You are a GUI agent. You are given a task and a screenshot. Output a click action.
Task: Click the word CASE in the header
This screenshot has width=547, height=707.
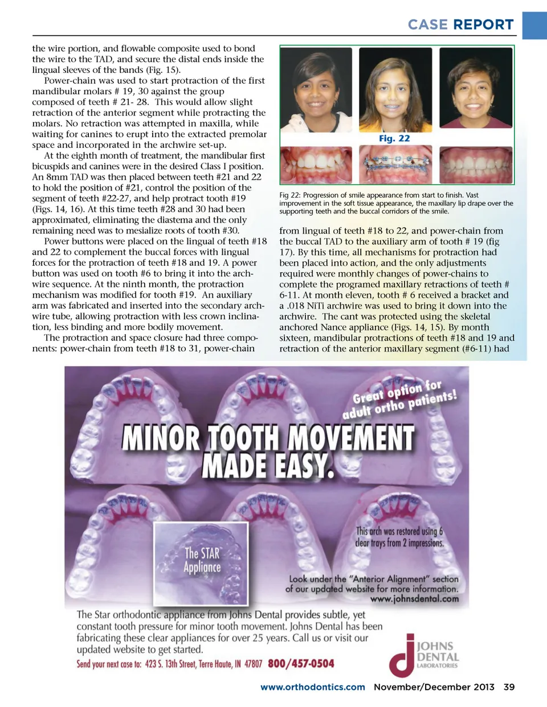[x=427, y=24]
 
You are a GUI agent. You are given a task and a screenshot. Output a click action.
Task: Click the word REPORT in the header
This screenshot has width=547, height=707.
[x=484, y=24]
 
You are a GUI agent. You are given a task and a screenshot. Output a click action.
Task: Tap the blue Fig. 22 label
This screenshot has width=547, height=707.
[x=394, y=138]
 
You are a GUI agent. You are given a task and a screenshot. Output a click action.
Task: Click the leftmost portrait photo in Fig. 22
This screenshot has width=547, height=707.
[x=316, y=89]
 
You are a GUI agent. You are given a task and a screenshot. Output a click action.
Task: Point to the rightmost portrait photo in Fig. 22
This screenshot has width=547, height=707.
[x=476, y=88]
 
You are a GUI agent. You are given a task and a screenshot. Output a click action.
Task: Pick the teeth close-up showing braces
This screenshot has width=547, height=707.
[x=396, y=164]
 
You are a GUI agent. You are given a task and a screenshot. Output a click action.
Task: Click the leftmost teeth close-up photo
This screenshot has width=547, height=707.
[x=316, y=164]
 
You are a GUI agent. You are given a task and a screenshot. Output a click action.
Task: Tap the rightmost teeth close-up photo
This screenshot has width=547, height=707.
[x=476, y=164]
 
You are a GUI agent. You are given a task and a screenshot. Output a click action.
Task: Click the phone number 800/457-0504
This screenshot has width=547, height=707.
[x=301, y=663]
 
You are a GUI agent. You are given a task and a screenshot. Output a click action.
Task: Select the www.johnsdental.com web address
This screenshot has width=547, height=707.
[x=414, y=599]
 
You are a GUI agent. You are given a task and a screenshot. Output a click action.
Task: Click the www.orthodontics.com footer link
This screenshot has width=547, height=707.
[x=312, y=687]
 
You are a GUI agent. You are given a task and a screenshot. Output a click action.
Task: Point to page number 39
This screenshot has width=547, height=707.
[x=509, y=687]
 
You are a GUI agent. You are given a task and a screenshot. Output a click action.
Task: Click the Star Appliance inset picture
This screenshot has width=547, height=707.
[x=201, y=563]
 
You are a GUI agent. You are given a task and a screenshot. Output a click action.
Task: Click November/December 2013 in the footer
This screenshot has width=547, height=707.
[x=434, y=687]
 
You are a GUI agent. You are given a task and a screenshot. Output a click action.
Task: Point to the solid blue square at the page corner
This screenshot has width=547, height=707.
[x=534, y=25]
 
